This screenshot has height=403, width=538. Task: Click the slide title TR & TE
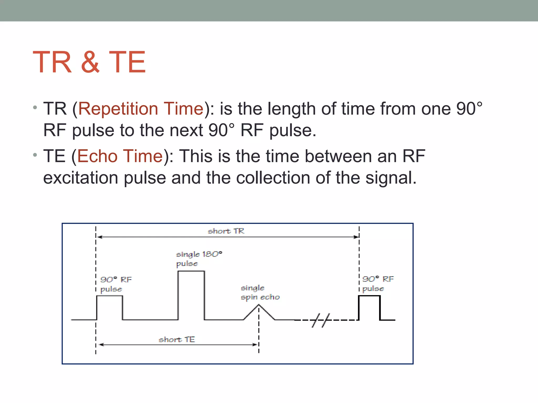(89, 62)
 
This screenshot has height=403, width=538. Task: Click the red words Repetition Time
(141, 109)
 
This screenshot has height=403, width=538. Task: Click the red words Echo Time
(120, 156)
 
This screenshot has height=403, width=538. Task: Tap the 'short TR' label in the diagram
(226, 231)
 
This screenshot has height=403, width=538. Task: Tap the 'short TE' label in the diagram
(177, 340)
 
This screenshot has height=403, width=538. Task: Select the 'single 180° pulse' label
(199, 259)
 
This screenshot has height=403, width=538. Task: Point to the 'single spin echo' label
(260, 293)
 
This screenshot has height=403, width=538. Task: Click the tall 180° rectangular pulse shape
(191, 295)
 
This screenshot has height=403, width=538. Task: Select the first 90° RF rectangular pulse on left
(110, 307)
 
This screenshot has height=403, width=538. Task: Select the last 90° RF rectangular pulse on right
(369, 307)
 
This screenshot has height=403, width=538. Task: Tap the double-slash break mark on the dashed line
(320, 320)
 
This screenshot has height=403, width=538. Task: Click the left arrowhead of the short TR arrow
(100, 237)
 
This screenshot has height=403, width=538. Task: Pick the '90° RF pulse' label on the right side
(378, 284)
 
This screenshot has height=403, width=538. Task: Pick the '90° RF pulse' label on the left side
(116, 284)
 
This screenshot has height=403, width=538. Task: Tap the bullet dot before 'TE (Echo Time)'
(35, 155)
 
